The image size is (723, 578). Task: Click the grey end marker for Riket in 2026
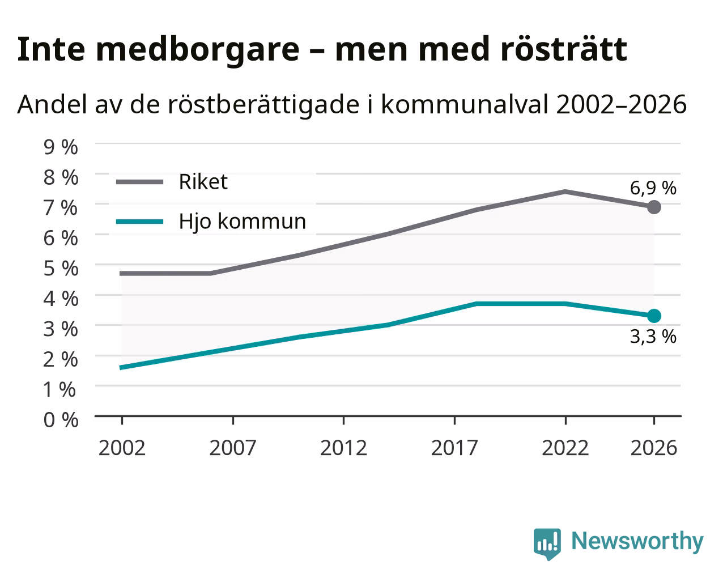point(654,207)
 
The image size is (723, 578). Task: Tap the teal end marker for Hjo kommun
point(654,316)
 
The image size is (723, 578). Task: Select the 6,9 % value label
point(653,188)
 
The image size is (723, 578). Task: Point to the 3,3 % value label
point(653,337)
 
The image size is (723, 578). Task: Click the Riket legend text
point(203,182)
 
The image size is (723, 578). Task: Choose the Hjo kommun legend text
point(243,222)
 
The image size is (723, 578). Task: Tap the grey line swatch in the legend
point(139,182)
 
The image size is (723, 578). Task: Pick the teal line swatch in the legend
point(139,222)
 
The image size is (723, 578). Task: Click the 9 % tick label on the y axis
point(61,147)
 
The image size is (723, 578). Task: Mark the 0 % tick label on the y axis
point(61,420)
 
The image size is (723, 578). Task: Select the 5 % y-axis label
point(61,269)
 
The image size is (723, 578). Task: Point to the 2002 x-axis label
point(122,448)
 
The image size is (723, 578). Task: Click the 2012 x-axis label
point(343,448)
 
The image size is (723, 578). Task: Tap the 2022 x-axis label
point(565,448)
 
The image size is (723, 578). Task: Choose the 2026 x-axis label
point(653,448)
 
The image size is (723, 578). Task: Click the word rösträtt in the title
point(563,49)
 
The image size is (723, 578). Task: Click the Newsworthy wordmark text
point(637,542)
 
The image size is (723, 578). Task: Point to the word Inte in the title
point(51,49)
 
